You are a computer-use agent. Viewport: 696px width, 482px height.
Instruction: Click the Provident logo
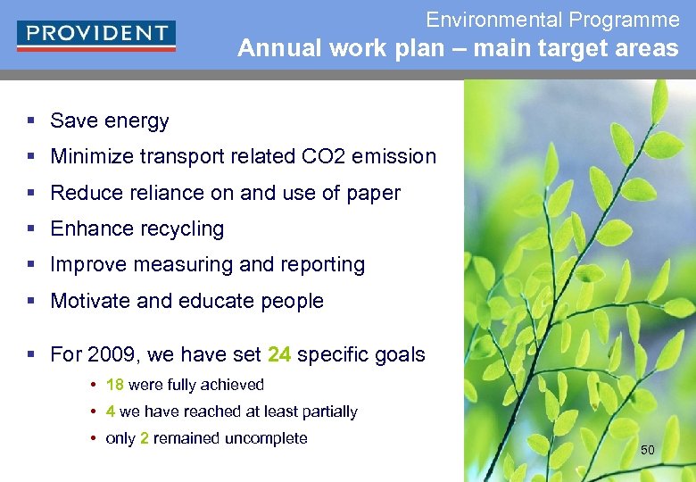click(x=96, y=35)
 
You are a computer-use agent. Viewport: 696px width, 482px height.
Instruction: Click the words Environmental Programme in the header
click(x=552, y=20)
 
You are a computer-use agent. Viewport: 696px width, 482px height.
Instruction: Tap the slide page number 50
click(x=648, y=450)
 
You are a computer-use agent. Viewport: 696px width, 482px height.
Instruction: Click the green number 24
click(x=279, y=354)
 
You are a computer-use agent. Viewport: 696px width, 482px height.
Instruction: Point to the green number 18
click(x=114, y=385)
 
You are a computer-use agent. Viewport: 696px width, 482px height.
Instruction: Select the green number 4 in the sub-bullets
click(x=110, y=411)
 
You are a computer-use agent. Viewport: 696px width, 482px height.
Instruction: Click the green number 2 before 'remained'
click(x=145, y=438)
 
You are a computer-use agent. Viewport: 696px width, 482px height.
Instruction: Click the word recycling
click(x=182, y=229)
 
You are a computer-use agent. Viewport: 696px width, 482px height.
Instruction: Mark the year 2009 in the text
click(x=112, y=354)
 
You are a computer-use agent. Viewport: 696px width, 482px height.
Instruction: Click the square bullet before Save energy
click(x=31, y=120)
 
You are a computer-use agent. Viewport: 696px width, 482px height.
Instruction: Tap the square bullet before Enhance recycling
click(x=31, y=229)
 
